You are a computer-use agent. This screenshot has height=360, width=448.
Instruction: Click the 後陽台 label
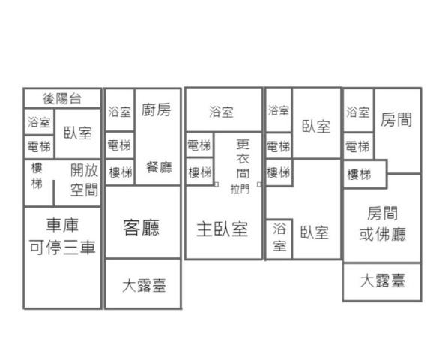click(62, 99)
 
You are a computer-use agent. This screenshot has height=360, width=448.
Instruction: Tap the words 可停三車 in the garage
click(62, 247)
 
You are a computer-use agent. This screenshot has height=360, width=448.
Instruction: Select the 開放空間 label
click(84, 180)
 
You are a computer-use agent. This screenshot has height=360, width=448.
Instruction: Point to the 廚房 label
click(156, 110)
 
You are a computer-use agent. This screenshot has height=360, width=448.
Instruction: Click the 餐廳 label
click(159, 167)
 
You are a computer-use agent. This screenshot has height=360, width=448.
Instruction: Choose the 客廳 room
click(143, 222)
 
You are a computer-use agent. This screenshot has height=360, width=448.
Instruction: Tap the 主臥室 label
click(222, 229)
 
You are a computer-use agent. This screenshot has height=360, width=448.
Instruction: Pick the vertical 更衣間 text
click(243, 159)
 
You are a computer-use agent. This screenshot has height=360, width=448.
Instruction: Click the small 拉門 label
click(240, 189)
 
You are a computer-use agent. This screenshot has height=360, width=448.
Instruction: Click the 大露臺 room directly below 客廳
click(143, 283)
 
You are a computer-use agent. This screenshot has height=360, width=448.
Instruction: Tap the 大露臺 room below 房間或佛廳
click(382, 282)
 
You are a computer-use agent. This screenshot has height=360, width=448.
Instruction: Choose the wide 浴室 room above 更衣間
click(224, 110)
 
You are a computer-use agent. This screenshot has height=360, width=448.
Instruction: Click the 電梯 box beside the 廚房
click(119, 145)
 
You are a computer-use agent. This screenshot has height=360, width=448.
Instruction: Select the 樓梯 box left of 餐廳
click(120, 172)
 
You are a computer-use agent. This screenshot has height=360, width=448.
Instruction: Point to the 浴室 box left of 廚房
click(119, 110)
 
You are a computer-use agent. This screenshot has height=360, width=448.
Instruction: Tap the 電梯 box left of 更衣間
click(199, 145)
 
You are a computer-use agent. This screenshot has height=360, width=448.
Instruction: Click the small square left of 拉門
click(217, 184)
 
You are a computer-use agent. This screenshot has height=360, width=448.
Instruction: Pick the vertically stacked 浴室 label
click(279, 237)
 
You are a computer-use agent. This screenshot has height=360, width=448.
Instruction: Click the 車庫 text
click(62, 225)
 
